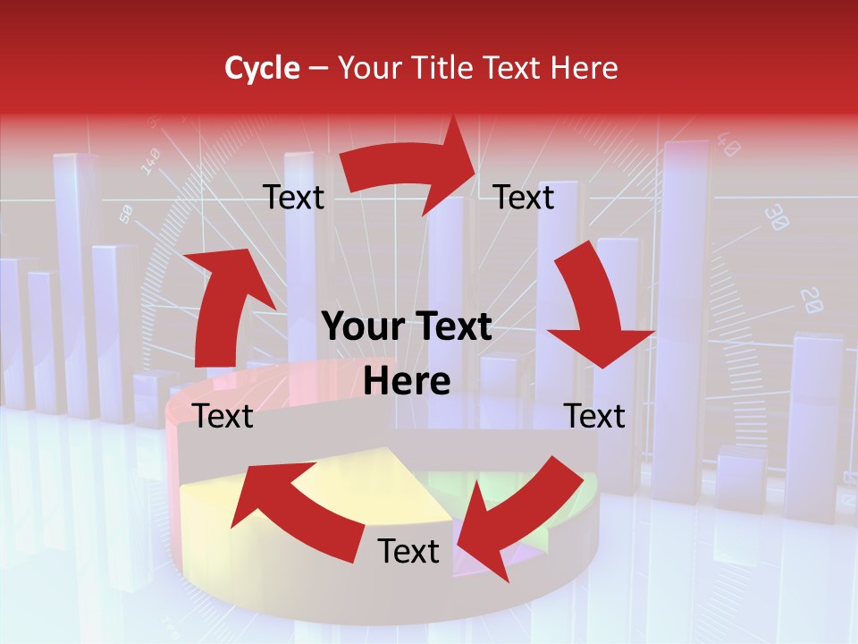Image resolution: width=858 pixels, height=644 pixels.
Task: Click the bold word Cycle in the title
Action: click(262, 68)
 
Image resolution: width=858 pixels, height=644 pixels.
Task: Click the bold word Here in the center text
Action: click(407, 381)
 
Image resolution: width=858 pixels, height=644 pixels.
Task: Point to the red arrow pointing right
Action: click(411, 174)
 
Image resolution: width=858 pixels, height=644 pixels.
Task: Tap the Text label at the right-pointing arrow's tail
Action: click(293, 198)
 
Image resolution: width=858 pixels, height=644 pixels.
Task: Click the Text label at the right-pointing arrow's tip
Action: click(524, 198)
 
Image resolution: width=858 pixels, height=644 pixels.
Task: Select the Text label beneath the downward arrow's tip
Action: click(594, 416)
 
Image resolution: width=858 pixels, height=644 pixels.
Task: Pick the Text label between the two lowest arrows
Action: click(408, 551)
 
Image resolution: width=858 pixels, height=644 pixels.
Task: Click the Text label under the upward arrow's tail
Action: click(223, 416)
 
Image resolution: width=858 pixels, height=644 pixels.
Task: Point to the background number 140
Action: click(150, 160)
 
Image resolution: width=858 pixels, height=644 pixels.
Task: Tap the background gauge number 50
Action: click(126, 214)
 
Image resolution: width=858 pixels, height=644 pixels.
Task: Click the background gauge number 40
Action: click(728, 146)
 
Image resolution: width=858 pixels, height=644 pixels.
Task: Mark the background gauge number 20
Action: click(812, 300)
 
